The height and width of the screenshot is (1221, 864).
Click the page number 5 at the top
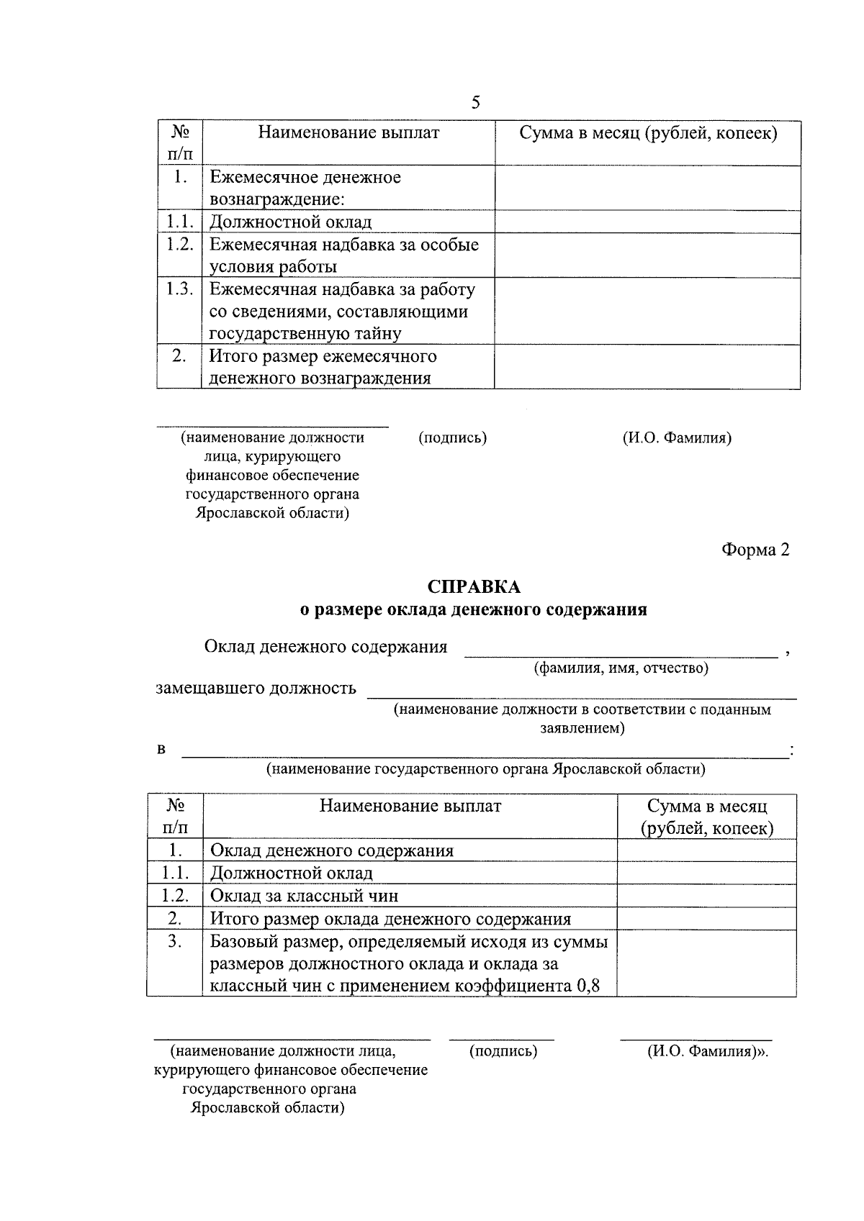point(475,102)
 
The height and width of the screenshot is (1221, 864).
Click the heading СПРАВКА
point(473,587)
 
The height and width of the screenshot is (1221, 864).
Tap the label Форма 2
point(755,550)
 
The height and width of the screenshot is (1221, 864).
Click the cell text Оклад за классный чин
point(304,896)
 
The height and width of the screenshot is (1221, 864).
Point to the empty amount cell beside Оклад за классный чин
point(706,896)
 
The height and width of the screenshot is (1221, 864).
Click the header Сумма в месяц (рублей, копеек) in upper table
point(648,133)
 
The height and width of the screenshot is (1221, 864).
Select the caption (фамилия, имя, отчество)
point(621,668)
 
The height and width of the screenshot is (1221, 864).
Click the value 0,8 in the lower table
point(588,986)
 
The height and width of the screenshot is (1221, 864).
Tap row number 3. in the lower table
point(175,941)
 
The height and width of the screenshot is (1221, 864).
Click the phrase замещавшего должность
point(256,688)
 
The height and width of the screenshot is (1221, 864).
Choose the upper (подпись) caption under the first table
point(452,437)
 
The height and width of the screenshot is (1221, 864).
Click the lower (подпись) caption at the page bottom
point(503,1051)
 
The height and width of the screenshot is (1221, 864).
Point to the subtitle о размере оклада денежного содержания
point(473,610)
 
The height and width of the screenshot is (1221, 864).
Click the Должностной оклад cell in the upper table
point(291,222)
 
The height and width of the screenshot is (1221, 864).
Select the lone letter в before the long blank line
point(161,750)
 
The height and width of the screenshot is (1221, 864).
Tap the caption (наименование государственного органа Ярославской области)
point(485,769)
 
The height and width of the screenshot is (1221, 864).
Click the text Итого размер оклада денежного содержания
point(390,919)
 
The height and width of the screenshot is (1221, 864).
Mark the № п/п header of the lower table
point(175,817)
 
